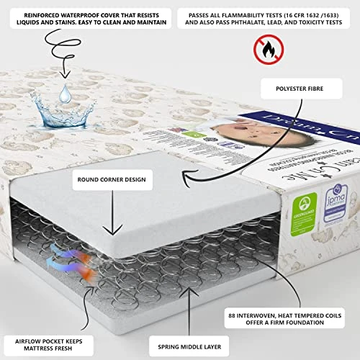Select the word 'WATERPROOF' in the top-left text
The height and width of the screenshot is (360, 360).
(x=78, y=14)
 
